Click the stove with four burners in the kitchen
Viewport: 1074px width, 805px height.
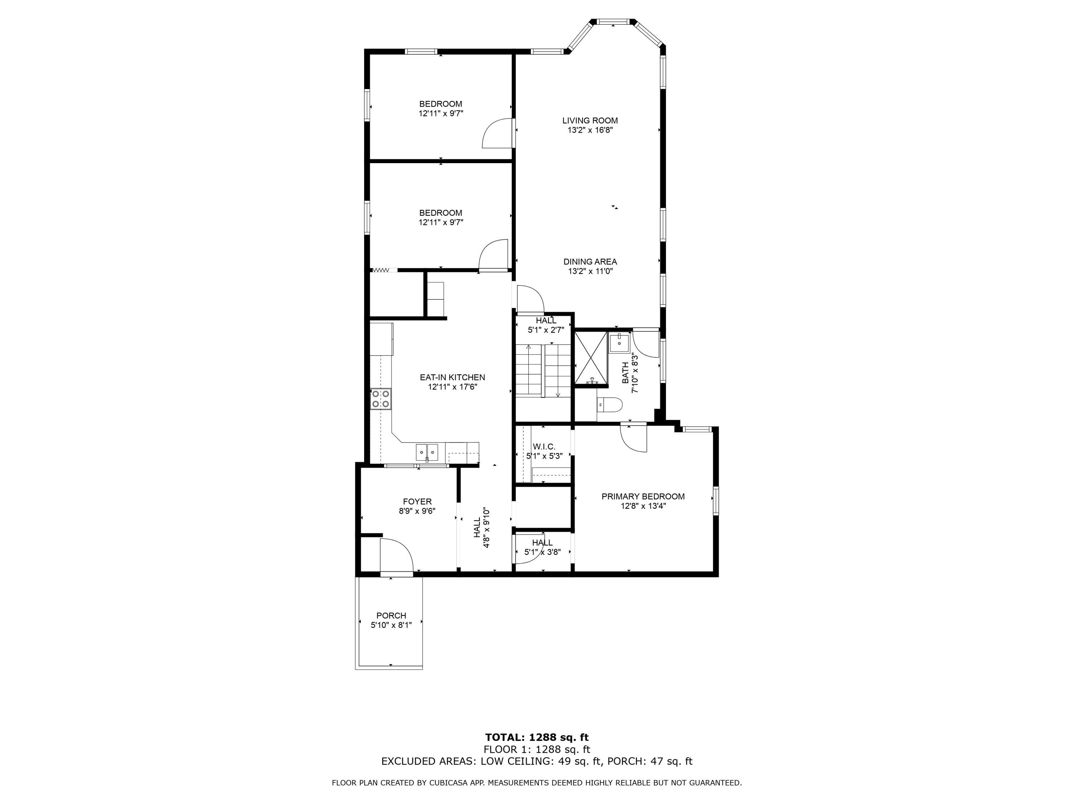(x=381, y=399)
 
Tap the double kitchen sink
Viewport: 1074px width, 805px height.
(x=427, y=452)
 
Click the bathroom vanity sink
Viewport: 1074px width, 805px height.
(x=619, y=343)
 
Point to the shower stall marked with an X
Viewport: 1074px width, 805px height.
(x=591, y=358)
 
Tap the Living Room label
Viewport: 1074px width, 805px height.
(x=590, y=120)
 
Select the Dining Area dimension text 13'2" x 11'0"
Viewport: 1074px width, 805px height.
(x=590, y=271)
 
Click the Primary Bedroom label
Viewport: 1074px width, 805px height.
(x=643, y=496)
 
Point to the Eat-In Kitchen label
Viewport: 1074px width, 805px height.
(x=453, y=377)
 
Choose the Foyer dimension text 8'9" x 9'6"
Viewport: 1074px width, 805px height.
(x=417, y=511)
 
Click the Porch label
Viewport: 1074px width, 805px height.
(x=391, y=616)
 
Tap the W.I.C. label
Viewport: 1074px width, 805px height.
(x=544, y=447)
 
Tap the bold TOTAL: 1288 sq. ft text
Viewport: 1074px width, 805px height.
(x=537, y=737)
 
